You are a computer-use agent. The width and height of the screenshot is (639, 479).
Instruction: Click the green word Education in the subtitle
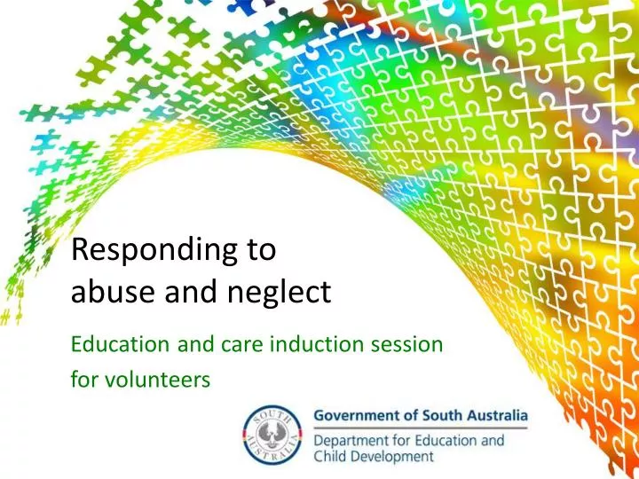(x=111, y=342)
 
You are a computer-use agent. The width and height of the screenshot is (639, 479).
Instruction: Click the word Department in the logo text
(x=353, y=440)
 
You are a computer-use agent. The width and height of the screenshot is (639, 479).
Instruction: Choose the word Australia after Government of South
(x=493, y=415)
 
